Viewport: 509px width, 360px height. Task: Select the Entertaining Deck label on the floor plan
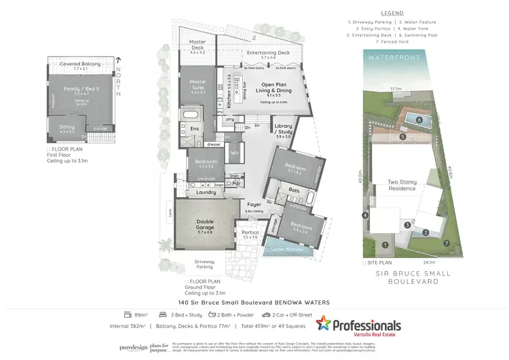point(268,53)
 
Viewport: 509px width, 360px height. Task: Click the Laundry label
point(206,192)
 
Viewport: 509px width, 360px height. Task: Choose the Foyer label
point(254,204)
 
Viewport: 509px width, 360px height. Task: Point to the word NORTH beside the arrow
point(118,79)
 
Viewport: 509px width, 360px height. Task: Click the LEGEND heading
point(392,13)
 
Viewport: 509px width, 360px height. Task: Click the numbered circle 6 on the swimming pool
point(419,120)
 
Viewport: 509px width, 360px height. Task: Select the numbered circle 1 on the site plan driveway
point(384,245)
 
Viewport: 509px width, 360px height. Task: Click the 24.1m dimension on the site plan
point(409,262)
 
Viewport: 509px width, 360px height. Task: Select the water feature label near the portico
point(288,249)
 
